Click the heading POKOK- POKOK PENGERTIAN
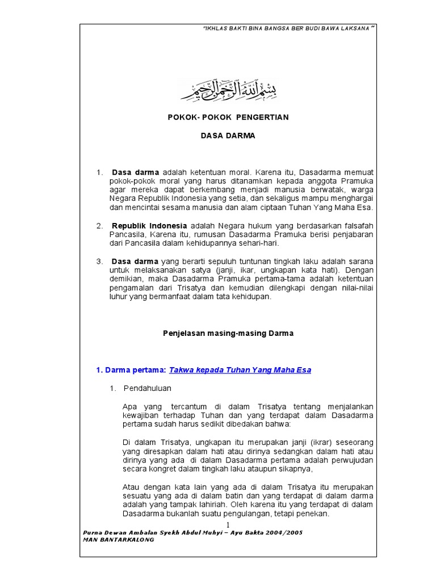point(228,117)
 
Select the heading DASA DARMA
point(228,136)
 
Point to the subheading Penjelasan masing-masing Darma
point(228,334)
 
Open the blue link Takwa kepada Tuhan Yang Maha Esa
point(240,370)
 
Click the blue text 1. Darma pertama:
point(131,370)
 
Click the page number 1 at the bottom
point(227,524)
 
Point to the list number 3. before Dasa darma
point(99,262)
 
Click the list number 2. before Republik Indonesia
point(99,226)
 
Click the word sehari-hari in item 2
point(260,243)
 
